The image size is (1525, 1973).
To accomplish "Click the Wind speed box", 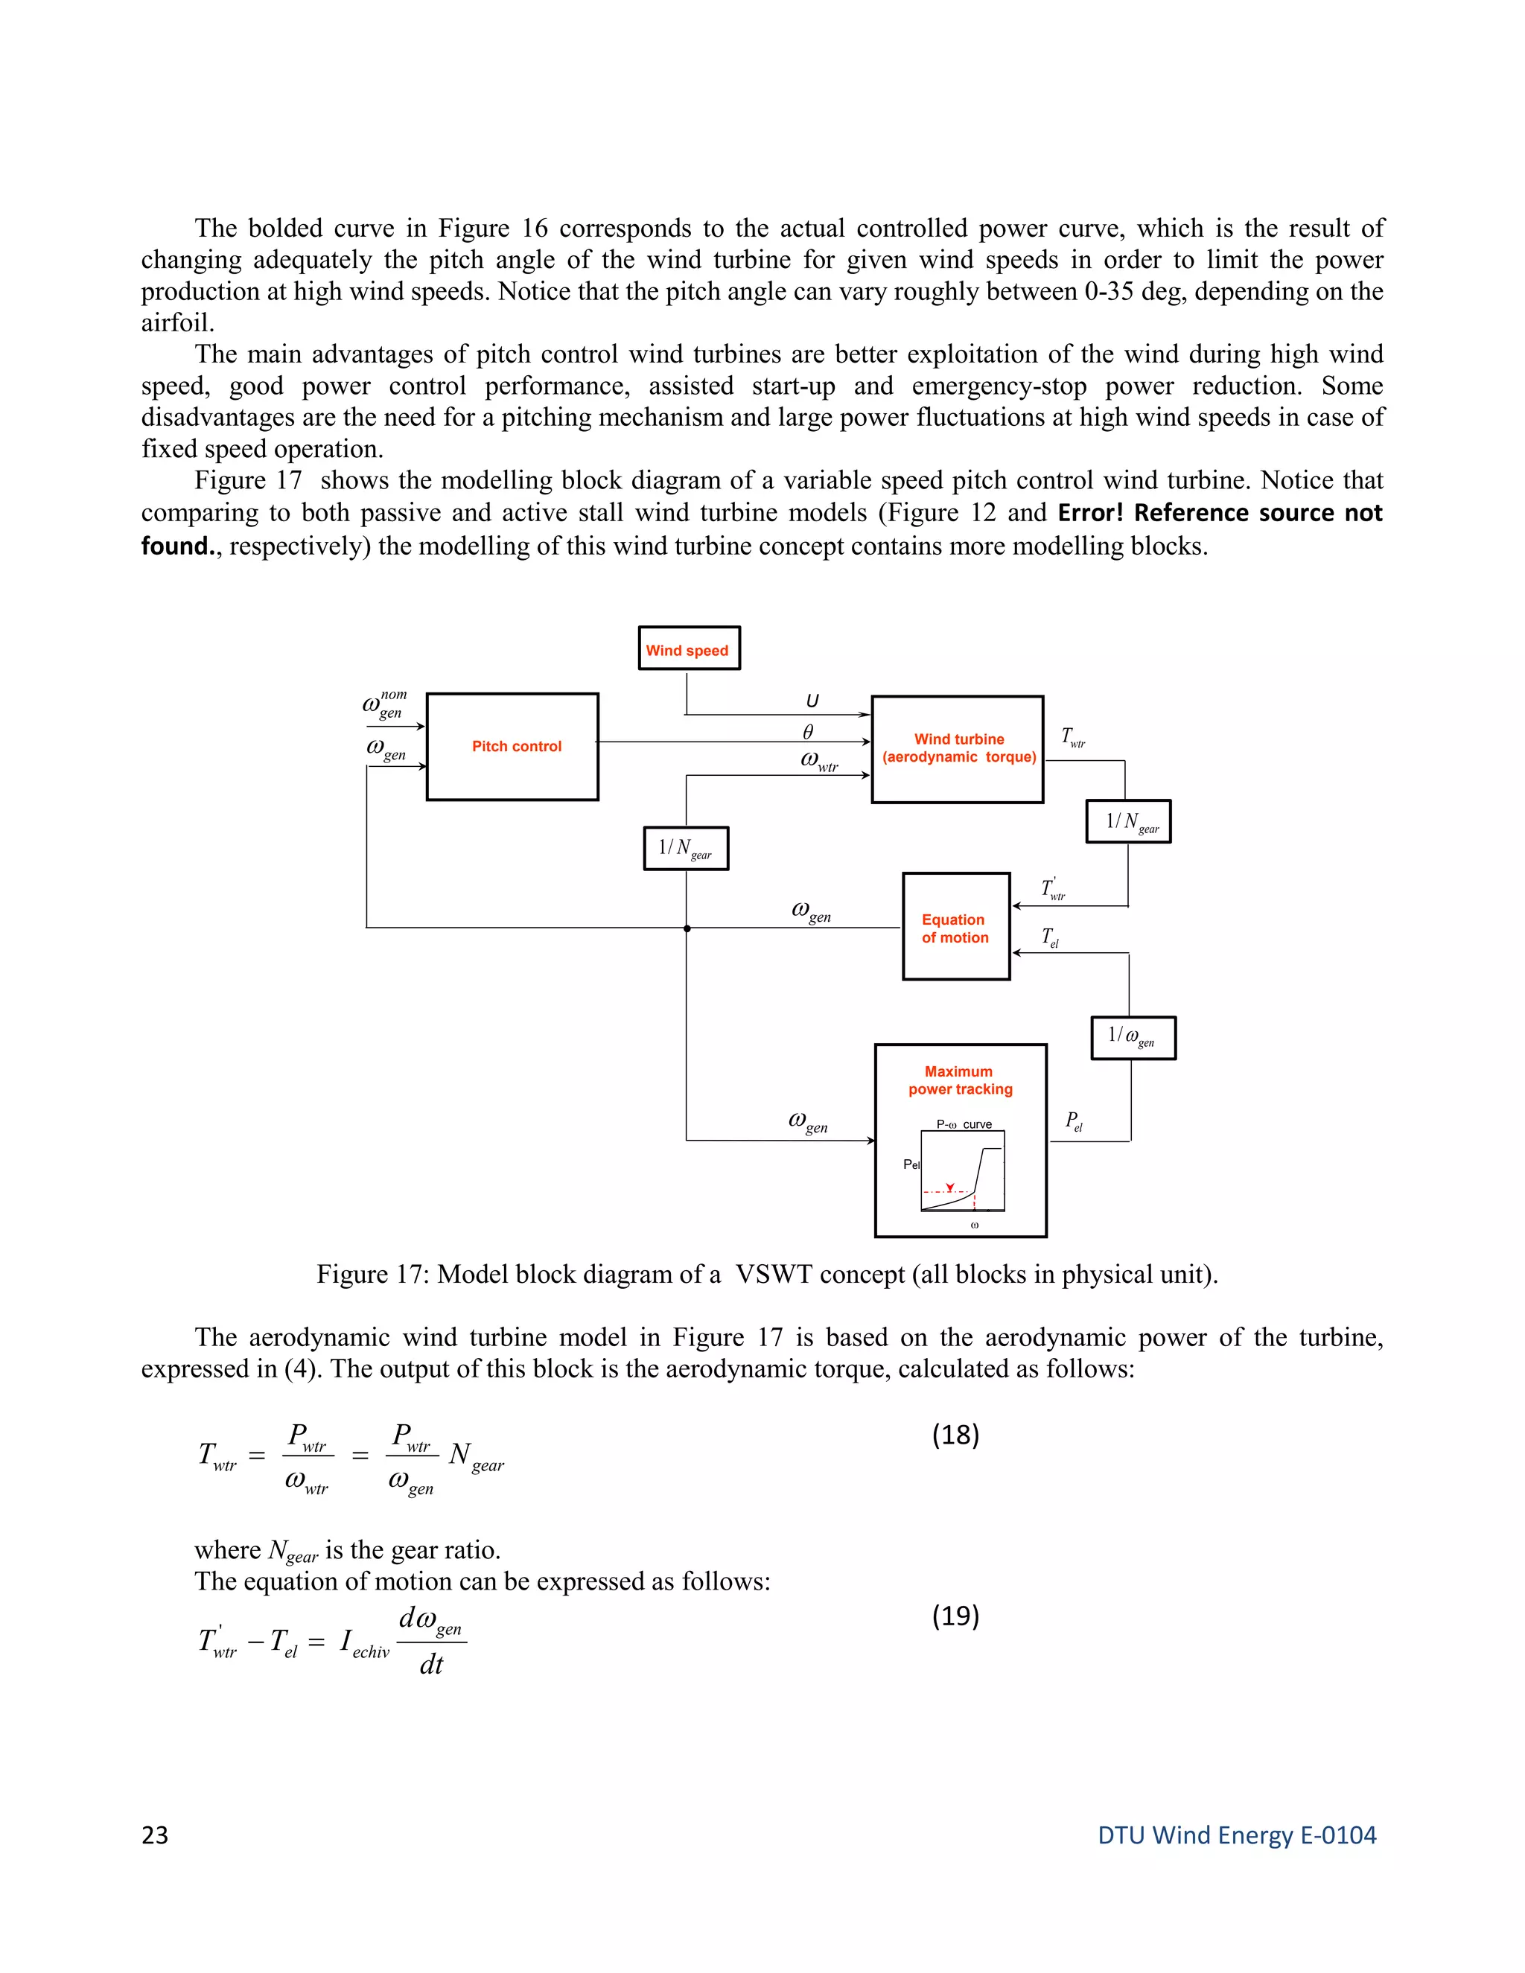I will click(689, 648).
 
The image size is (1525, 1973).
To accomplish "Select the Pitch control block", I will click(512, 746).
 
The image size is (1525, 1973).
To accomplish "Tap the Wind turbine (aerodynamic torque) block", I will click(957, 749).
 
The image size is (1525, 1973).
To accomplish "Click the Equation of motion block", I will click(956, 926).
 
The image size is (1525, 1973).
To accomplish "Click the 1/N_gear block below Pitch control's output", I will click(686, 848).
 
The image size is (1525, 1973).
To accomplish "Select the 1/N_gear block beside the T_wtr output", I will click(1127, 821).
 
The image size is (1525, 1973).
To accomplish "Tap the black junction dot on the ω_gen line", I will click(687, 928).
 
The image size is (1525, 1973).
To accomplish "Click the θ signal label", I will click(808, 732).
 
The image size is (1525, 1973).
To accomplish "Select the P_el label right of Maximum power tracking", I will click(1073, 1121).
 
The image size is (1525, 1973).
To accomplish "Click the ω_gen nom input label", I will click(385, 704).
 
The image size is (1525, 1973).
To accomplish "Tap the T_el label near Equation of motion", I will click(1050, 937).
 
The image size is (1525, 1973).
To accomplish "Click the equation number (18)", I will click(955, 1435).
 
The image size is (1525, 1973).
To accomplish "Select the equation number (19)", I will click(955, 1616).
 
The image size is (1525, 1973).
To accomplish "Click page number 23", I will click(154, 1835).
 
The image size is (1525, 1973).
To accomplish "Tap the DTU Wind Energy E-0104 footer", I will click(1236, 1835).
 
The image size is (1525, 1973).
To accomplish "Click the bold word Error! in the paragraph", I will click(1089, 513).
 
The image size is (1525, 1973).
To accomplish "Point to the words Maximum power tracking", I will click(959, 1080).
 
